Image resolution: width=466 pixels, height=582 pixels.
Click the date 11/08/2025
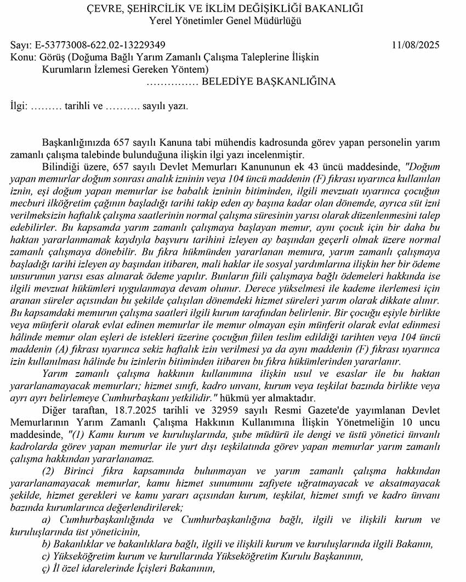point(416,45)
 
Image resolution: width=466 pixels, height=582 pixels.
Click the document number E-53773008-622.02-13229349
point(99,45)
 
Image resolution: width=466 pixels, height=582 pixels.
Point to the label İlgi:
point(19,106)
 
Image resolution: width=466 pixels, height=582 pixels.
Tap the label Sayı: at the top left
point(20,45)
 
